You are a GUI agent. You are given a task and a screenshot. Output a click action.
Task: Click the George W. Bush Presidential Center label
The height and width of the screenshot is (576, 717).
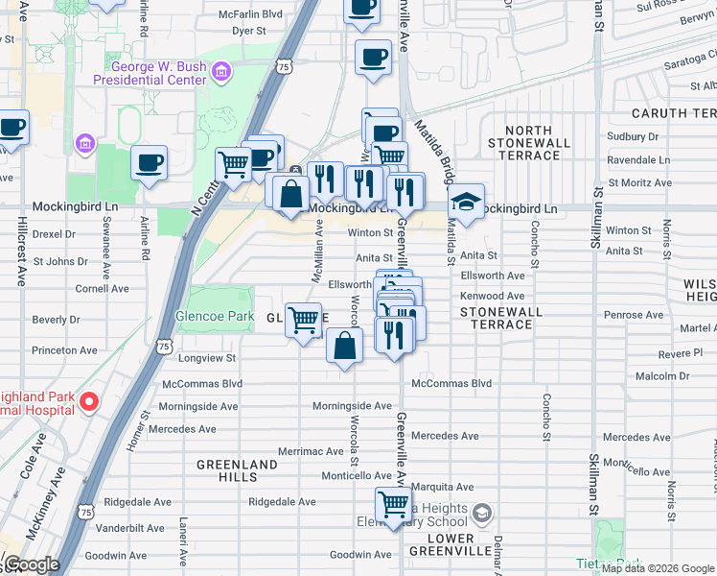159,73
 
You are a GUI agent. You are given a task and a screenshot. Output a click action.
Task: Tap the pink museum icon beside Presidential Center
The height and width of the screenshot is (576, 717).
222,72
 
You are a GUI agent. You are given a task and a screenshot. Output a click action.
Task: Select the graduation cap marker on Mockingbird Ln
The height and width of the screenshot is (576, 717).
466,203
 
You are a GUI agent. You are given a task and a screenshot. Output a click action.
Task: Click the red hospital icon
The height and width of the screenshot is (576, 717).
88,401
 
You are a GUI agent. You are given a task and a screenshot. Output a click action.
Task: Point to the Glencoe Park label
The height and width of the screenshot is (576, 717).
214,316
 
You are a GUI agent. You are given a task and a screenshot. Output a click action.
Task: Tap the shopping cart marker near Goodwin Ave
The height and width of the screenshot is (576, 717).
394,504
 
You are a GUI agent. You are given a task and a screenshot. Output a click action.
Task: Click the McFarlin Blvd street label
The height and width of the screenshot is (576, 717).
250,14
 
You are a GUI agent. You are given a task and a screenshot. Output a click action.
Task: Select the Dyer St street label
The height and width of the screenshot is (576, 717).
248,31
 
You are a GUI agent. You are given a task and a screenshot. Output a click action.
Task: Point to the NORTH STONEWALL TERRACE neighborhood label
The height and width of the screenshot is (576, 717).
528,143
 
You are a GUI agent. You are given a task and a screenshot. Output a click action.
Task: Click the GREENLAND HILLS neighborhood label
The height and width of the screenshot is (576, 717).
237,470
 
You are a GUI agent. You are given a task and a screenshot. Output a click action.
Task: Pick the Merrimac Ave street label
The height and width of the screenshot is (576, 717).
311,451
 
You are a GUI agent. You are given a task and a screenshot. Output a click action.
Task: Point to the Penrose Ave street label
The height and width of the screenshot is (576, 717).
628,315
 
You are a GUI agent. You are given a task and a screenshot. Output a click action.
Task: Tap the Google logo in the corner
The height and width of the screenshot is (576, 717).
32,564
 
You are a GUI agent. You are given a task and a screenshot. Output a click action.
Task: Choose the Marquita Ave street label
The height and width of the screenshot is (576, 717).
444,487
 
